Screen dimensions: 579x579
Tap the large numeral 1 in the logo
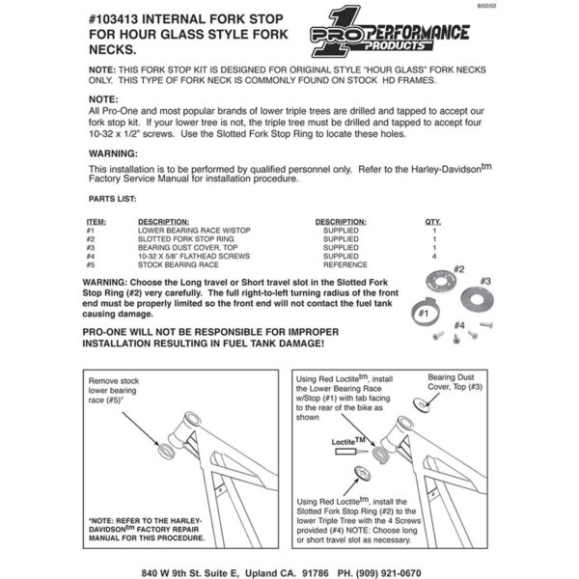click(x=342, y=37)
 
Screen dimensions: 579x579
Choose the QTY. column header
click(x=433, y=222)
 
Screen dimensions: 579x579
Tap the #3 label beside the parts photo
click(x=485, y=281)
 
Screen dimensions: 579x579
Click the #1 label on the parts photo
click(x=422, y=313)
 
